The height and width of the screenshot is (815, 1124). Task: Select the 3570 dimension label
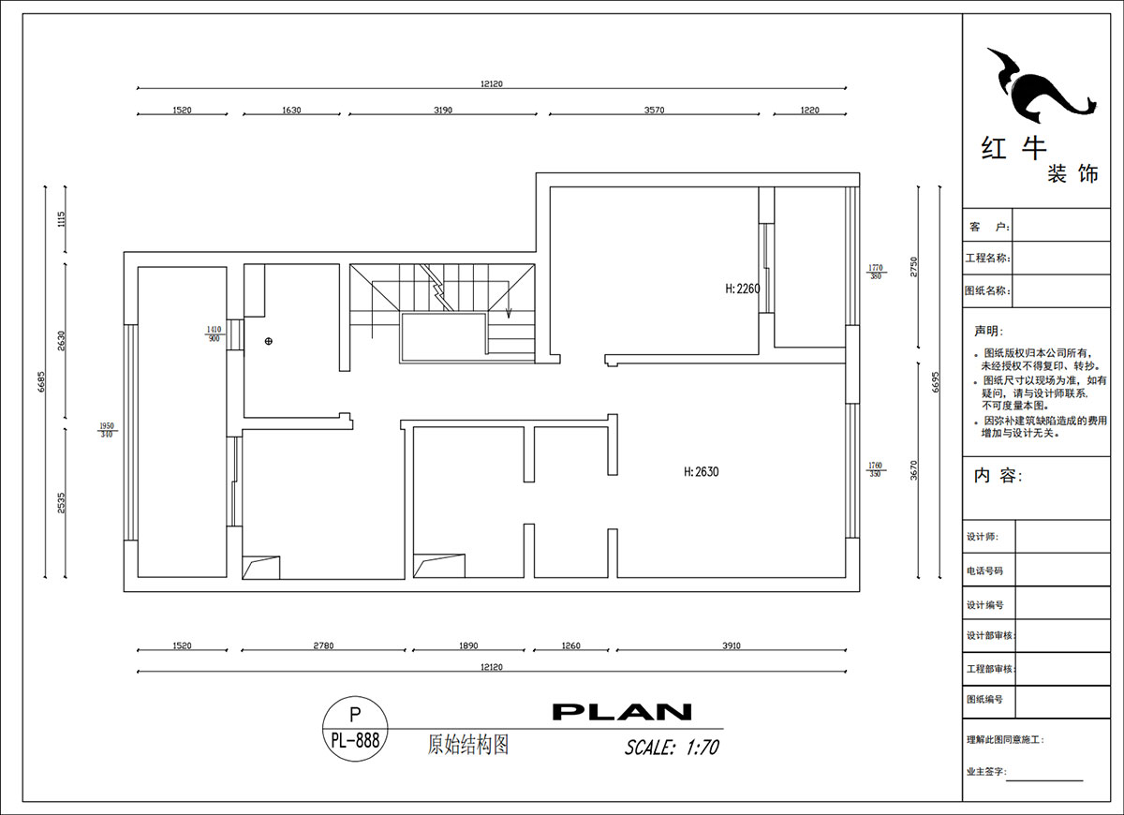point(654,111)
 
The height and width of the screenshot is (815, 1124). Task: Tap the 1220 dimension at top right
point(809,111)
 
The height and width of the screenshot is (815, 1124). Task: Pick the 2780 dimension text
point(323,645)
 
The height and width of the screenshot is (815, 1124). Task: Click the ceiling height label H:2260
point(742,289)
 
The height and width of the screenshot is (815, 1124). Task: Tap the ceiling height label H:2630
point(701,472)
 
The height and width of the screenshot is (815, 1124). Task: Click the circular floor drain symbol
point(269,341)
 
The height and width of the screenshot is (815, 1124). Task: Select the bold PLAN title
point(622,712)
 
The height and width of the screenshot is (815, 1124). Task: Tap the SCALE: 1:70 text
point(672,748)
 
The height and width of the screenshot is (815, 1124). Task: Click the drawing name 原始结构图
point(467,745)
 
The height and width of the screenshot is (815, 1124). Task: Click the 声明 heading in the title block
point(987,332)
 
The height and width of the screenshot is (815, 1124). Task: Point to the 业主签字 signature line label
point(985,772)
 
